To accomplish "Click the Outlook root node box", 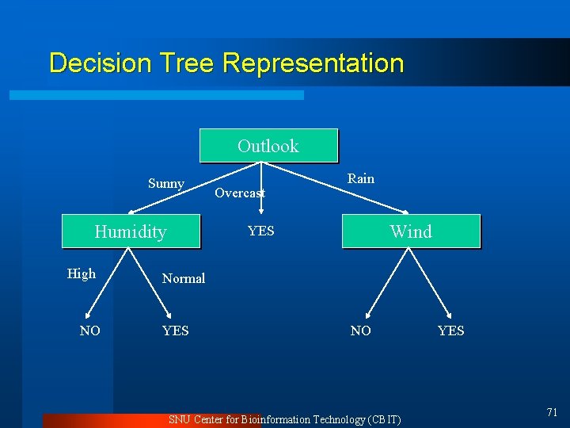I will coord(268,146).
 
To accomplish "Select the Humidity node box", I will coord(131,231).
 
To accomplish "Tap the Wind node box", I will coord(411,231).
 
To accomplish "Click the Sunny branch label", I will coord(166,184).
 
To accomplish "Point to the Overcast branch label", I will coord(240,193).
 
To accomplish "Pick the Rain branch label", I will coord(361,178).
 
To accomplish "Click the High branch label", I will coord(82,273).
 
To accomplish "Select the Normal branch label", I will coord(184,278).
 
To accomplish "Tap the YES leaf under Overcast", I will coord(261,231).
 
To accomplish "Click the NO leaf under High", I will coord(90,331).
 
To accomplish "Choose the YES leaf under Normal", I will coord(176,331).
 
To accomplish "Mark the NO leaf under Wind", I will coord(361,331).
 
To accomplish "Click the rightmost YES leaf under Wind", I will coord(451,331).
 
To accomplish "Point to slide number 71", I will coord(552,411).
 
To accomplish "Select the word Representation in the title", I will coord(313,63).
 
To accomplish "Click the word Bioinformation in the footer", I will coord(276,419).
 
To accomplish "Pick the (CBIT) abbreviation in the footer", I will coord(385,419).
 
